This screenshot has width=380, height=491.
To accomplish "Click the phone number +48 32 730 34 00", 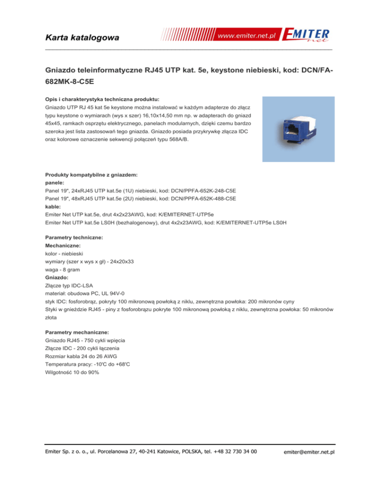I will (x=234, y=450).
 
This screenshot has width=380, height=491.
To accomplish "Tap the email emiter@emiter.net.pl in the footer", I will (x=307, y=451).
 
